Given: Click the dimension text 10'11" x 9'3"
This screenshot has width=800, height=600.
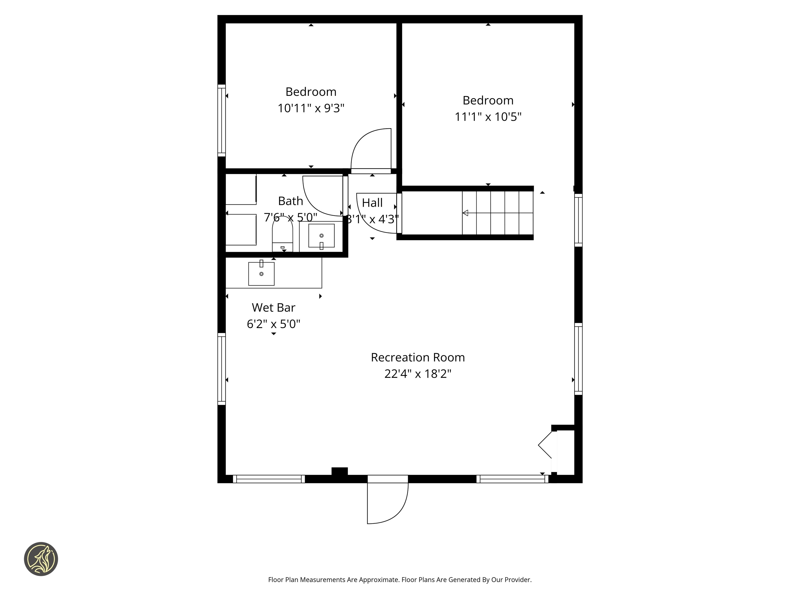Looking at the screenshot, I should pos(311,108).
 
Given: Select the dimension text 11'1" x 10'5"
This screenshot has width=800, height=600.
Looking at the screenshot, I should pos(488,117).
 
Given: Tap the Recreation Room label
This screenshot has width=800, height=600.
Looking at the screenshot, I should pos(417,357).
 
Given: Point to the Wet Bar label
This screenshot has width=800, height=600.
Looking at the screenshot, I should pos(273,307).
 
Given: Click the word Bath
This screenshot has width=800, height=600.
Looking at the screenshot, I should pos(290,201).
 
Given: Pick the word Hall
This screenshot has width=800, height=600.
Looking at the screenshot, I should pos(372,203).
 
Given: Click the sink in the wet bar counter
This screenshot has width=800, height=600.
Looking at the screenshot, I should pos(261,273).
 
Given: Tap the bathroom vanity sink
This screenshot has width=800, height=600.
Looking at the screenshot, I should pos(321,236).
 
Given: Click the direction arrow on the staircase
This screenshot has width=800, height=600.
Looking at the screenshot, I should pos(465,213).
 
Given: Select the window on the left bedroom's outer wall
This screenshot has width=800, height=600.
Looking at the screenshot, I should pos(221,120).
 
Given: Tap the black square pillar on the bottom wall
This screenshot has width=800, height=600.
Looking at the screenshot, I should pos(339,471).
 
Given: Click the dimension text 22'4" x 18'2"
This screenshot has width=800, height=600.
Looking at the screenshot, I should pos(417,374).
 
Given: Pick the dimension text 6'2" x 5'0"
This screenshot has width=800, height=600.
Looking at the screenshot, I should pos(273,324).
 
